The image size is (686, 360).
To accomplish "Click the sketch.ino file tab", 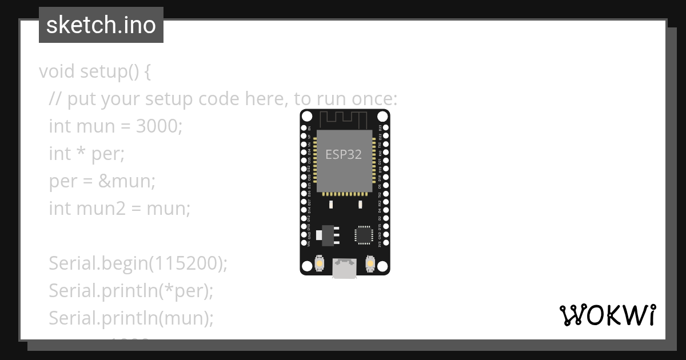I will [101, 25].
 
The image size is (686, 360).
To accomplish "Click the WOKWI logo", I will [607, 315].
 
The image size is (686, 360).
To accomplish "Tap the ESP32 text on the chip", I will [343, 154].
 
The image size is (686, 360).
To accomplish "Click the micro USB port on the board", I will [345, 269].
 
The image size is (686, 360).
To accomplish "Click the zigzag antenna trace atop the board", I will [343, 119].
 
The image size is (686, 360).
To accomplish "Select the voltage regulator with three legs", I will [328, 234].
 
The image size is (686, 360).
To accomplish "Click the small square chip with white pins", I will [363, 235].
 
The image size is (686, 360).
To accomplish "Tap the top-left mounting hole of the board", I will [307, 117].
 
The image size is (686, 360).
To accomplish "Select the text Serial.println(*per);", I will [131, 291].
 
